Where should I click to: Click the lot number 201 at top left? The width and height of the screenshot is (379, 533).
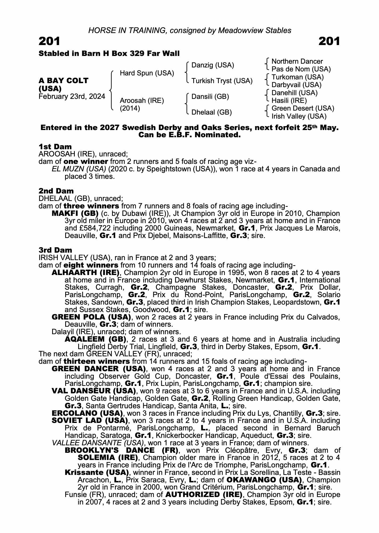50,41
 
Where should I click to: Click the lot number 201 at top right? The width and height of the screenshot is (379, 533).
329,41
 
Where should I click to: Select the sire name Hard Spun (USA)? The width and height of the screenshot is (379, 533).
147,73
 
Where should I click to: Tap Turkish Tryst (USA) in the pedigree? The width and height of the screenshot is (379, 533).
222,81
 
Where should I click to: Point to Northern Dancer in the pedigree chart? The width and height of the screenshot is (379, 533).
297,61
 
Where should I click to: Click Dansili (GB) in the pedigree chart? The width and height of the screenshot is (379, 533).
210,96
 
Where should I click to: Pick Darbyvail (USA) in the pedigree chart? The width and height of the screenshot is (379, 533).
296,85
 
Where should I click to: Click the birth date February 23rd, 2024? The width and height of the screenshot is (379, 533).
72,96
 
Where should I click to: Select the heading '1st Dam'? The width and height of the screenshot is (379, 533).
55,147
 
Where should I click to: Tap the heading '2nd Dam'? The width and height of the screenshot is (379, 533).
56,191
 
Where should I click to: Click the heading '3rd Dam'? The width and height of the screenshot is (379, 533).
55,250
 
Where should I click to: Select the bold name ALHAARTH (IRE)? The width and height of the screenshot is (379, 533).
85,273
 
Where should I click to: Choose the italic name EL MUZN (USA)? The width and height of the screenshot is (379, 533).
79,169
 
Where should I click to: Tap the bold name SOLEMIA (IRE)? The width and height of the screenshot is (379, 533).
108,458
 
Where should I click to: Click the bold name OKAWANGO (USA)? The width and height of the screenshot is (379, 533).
264,480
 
